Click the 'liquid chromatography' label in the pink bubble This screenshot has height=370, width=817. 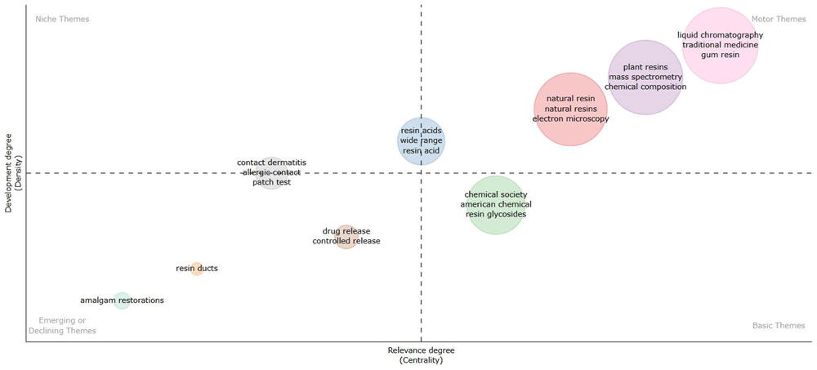(720, 35)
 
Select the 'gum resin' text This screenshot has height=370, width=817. (720, 55)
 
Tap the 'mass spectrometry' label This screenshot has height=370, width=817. (645, 77)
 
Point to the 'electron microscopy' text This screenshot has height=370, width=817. (570, 118)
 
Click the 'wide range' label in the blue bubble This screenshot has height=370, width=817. (421, 140)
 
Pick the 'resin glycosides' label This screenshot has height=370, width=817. (496, 214)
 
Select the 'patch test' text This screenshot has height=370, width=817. (271, 182)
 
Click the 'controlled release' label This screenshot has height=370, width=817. (346, 241)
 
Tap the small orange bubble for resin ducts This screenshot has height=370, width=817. (196, 269)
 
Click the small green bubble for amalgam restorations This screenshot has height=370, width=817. (122, 301)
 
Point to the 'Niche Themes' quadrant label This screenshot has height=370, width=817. (62, 20)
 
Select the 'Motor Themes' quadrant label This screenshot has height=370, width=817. (779, 20)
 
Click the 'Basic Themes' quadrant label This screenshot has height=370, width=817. (779, 326)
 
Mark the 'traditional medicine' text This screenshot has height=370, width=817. (720, 45)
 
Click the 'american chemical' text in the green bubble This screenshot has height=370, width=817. (496, 204)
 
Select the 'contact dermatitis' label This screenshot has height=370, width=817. (271, 163)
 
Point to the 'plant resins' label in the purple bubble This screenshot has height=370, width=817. (645, 67)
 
